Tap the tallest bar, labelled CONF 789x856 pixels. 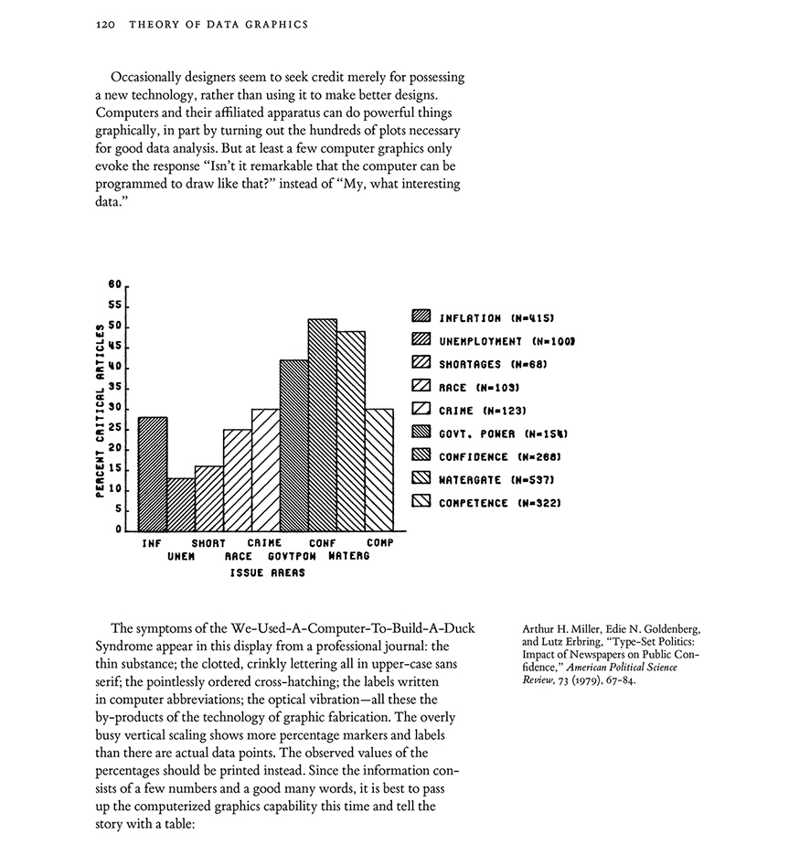(323, 425)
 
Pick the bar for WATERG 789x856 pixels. (351, 431)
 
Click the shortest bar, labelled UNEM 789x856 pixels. (181, 504)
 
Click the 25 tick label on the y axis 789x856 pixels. (115, 428)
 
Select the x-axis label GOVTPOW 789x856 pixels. (293, 556)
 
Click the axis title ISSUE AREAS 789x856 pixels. (267, 573)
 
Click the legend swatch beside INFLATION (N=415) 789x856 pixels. (421, 317)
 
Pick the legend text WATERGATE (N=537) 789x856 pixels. (498, 479)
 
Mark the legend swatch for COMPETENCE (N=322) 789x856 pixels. (421, 502)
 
